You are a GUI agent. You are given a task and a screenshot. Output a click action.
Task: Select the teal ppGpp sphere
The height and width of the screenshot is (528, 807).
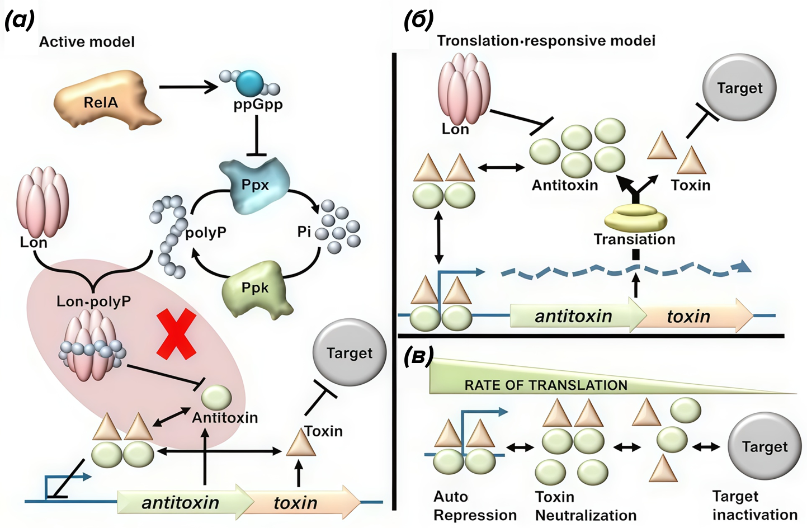[x=249, y=83]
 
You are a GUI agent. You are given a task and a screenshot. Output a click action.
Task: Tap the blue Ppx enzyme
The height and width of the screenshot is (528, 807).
[x=255, y=185]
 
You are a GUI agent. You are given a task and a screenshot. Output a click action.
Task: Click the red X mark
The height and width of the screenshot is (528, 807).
[x=176, y=334]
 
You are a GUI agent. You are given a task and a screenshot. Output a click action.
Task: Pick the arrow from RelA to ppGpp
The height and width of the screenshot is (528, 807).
[x=188, y=87]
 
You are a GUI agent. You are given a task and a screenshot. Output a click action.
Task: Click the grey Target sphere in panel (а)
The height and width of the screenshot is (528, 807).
[x=350, y=352]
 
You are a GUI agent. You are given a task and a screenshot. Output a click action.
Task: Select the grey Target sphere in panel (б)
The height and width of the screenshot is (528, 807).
[x=739, y=88]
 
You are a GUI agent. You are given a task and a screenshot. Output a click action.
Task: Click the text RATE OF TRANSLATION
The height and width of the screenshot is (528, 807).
[x=546, y=385]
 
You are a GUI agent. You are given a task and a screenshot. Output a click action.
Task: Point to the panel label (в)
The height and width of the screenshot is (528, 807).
[x=418, y=356]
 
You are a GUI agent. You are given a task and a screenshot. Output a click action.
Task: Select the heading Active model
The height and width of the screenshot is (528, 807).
[x=87, y=42]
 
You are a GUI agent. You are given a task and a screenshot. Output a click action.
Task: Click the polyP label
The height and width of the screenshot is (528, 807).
[x=206, y=232]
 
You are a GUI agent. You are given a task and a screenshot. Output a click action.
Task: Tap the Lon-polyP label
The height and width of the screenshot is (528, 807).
[x=93, y=301]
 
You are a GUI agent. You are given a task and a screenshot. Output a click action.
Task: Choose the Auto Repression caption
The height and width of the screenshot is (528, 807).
[x=475, y=506]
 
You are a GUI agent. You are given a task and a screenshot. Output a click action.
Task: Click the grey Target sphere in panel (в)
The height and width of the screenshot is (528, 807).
[x=764, y=446]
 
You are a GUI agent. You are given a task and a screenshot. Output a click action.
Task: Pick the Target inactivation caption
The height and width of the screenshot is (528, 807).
[x=754, y=505]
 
